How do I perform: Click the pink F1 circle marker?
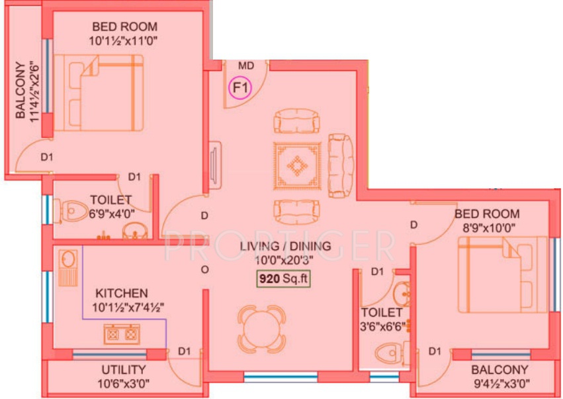click(240, 87)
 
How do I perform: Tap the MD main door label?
click(246, 66)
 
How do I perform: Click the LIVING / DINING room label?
click(284, 247)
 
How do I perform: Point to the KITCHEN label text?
click(121, 293)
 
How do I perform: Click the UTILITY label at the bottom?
click(124, 369)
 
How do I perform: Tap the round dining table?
click(262, 329)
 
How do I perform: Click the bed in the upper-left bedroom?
click(98, 93)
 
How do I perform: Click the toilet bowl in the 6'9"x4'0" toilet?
click(73, 211)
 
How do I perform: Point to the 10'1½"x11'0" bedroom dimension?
click(124, 40)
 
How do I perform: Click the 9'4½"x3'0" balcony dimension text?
click(499, 382)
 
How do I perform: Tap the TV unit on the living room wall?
click(214, 161)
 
